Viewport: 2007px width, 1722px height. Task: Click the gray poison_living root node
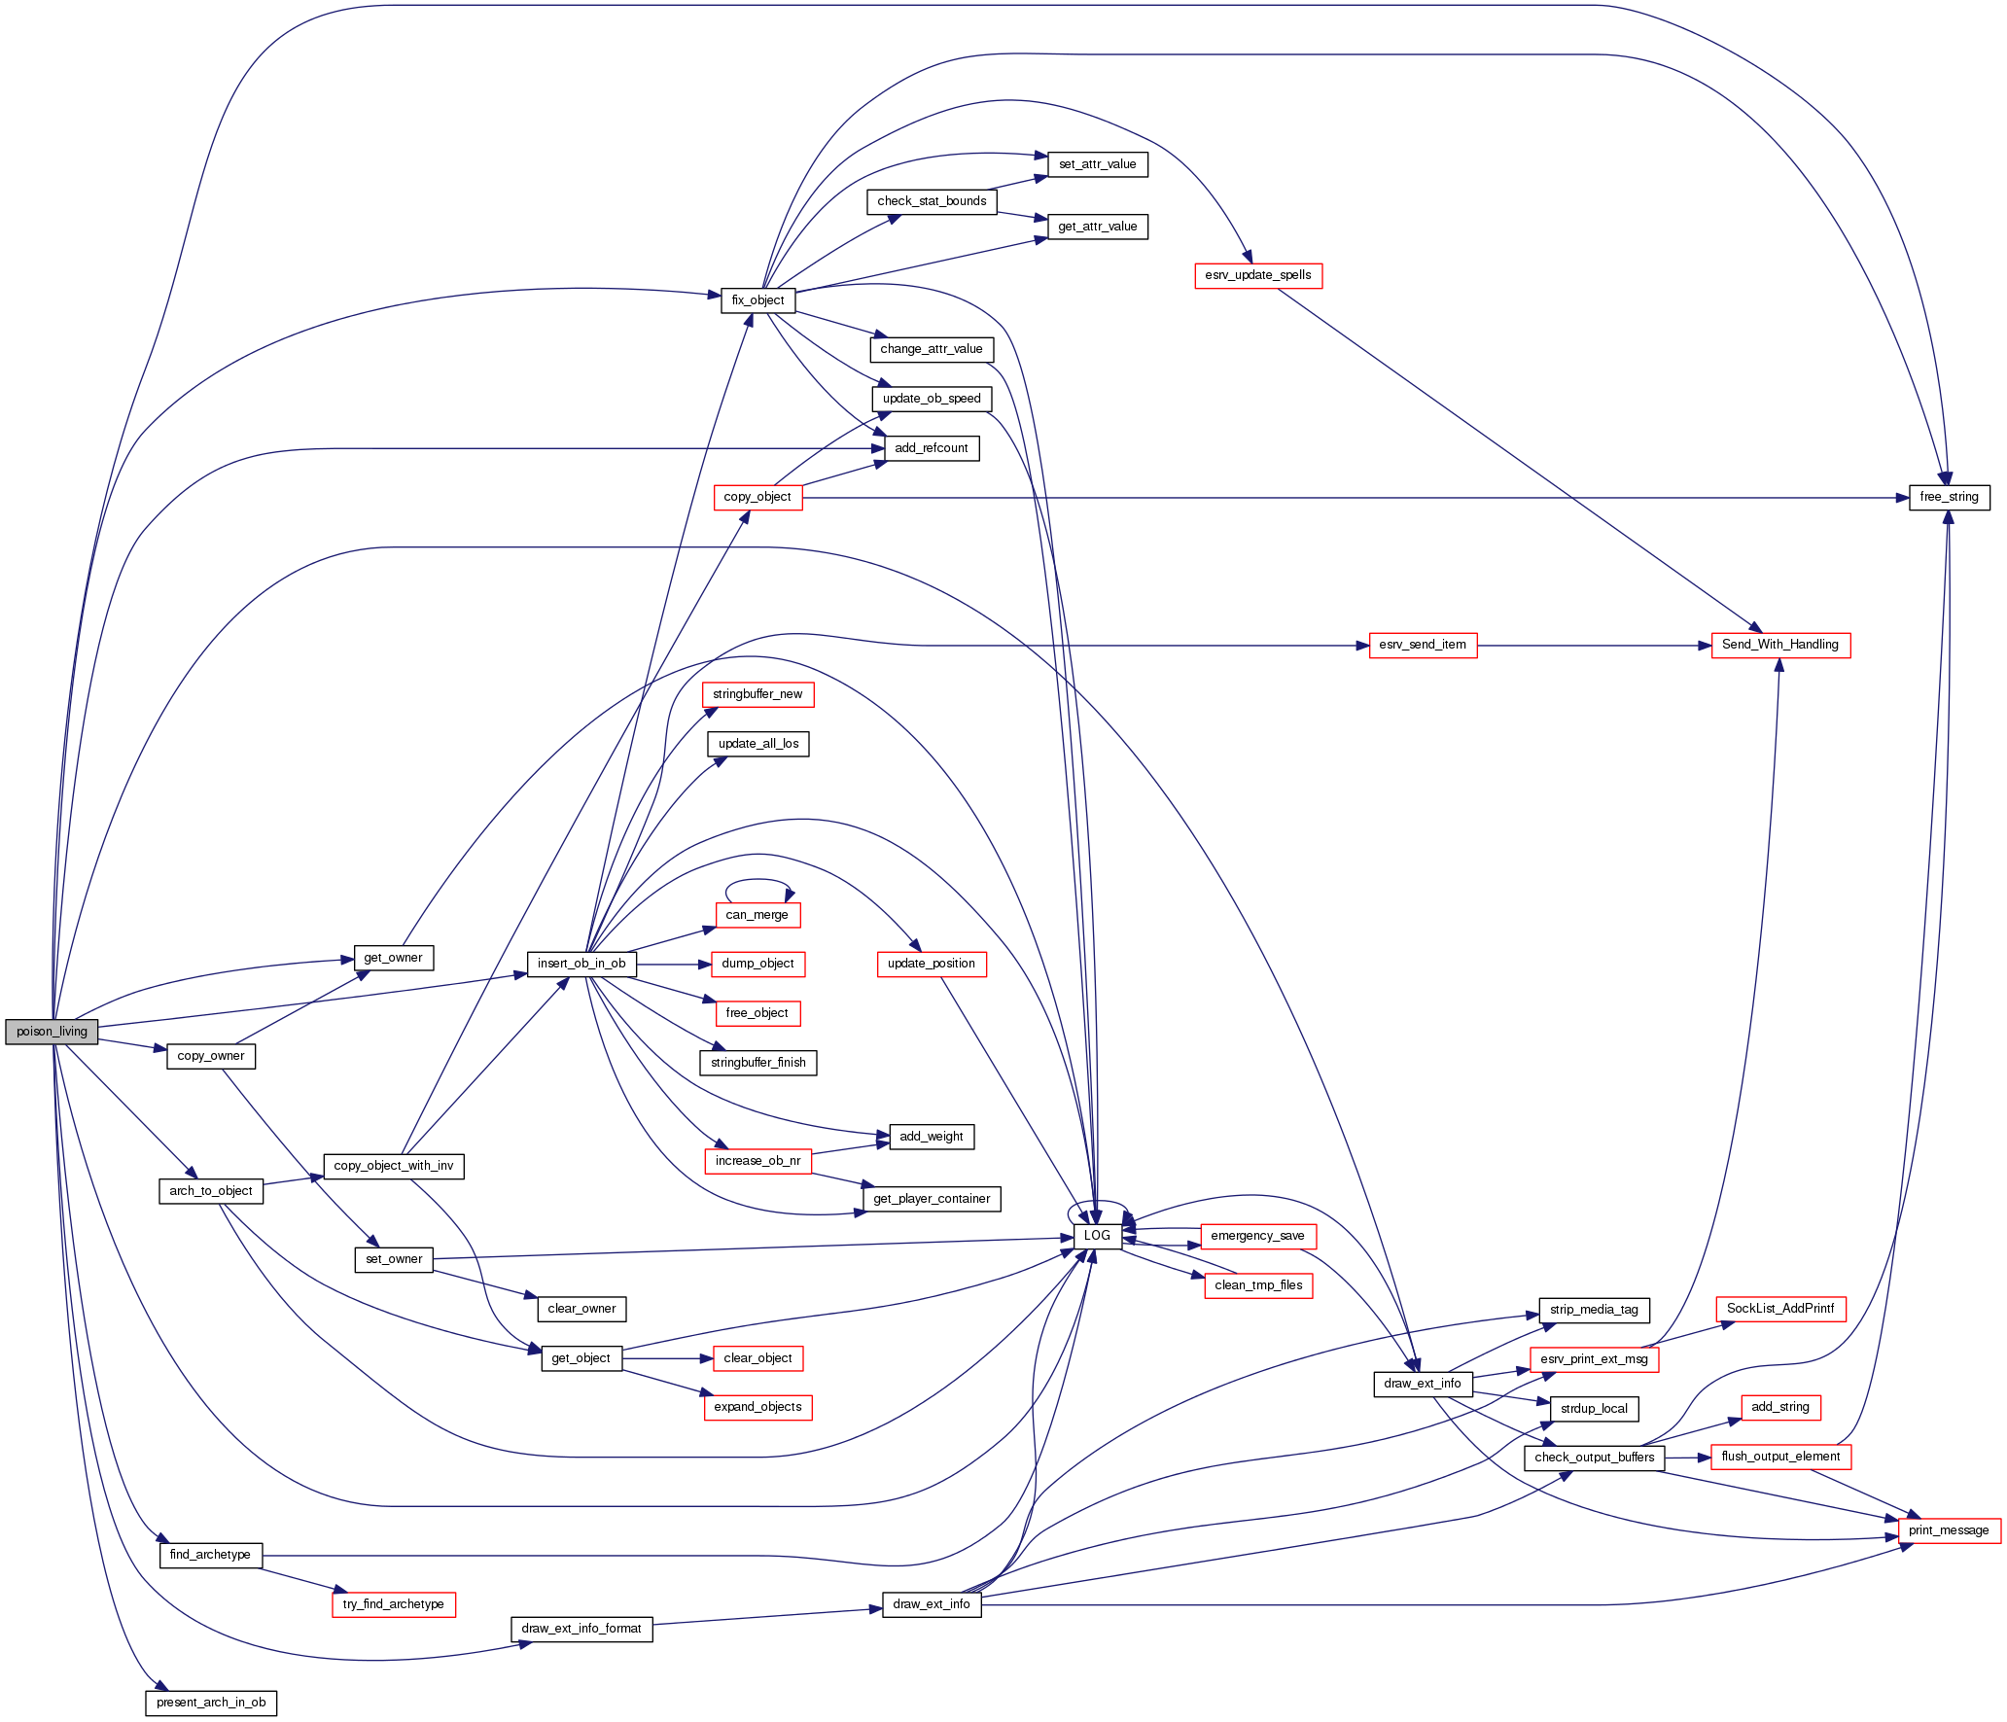[52, 1032]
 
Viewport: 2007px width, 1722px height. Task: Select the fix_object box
[757, 300]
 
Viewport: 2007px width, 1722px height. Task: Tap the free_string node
[1949, 497]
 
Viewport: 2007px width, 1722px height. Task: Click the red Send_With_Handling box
[1779, 645]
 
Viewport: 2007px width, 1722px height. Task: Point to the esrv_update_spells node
[1257, 275]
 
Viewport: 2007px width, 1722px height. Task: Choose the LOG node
[1097, 1236]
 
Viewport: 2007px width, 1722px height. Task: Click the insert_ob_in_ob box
[581, 964]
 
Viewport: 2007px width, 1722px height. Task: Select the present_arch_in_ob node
[211, 1703]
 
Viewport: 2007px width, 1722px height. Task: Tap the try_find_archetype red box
[393, 1604]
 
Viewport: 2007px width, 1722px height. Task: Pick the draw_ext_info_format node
[581, 1629]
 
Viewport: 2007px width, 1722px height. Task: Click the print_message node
[1949, 1530]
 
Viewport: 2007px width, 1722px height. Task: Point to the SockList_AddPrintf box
[1779, 1309]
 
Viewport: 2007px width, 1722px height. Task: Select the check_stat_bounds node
[932, 201]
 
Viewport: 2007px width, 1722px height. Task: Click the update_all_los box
[757, 744]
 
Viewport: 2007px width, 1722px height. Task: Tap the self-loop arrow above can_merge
[758, 881]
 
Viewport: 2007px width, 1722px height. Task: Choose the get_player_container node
[932, 1199]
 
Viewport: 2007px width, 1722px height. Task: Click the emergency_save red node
[1257, 1236]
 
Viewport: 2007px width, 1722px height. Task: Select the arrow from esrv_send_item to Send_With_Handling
[1595, 646]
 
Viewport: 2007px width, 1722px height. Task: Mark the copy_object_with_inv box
[393, 1166]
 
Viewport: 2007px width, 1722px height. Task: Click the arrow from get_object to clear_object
[667, 1358]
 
